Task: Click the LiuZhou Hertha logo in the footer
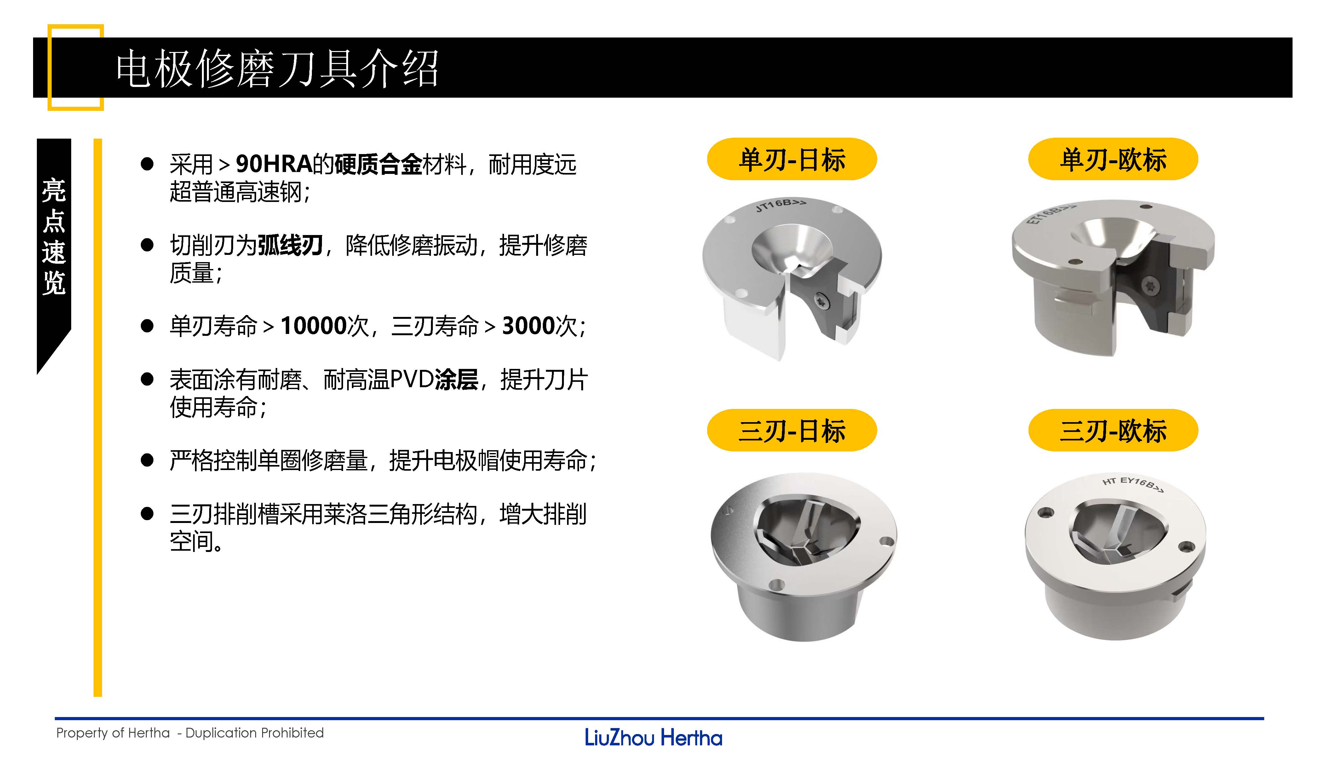coord(653,738)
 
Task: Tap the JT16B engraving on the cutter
coord(780,204)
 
